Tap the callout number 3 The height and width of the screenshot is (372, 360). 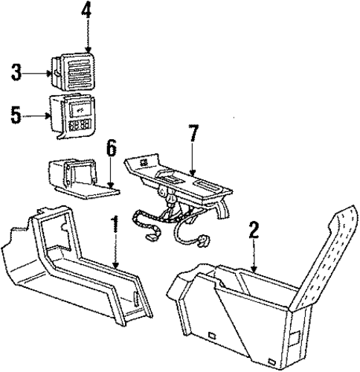point(16,72)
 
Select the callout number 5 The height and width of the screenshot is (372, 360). point(16,115)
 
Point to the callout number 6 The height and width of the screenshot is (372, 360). point(112,149)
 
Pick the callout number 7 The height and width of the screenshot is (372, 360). point(193,133)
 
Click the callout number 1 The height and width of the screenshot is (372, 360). point(115,225)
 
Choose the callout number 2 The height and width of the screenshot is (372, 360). point(254,230)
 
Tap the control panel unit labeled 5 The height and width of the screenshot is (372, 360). point(73,115)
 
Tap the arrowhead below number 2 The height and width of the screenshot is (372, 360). point(254,269)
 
